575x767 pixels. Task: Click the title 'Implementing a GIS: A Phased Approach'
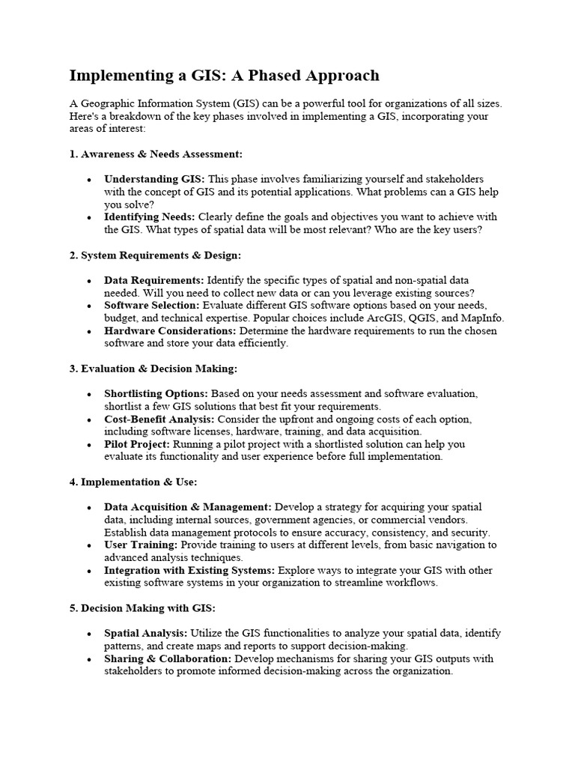(225, 76)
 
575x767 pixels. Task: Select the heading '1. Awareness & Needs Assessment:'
(156, 154)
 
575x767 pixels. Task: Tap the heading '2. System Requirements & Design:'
(155, 255)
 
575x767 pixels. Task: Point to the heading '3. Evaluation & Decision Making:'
(153, 369)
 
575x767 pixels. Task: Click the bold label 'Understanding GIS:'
(154, 179)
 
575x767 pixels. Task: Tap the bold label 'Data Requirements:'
(153, 279)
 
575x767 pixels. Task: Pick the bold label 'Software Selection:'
(152, 306)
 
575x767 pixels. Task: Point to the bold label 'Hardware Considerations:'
(170, 330)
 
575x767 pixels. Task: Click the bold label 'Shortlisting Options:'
(156, 394)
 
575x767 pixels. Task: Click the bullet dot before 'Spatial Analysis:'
(89, 634)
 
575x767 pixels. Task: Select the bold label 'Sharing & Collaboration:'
(168, 659)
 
